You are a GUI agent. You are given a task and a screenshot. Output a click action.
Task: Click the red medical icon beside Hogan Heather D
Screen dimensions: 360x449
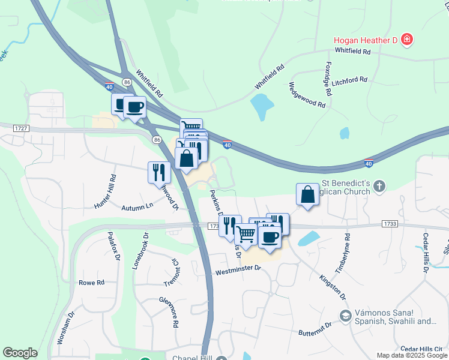pyautogui.click(x=407, y=40)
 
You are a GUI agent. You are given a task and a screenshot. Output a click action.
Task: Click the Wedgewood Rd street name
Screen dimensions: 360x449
pyautogui.click(x=307, y=95)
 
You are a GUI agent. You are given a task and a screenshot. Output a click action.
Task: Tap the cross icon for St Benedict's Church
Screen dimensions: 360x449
pyautogui.click(x=379, y=187)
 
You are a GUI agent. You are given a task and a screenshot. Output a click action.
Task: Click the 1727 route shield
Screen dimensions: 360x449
pyautogui.click(x=21, y=128)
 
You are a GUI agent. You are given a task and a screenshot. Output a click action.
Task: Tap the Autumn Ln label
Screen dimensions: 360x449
pyautogui.click(x=137, y=207)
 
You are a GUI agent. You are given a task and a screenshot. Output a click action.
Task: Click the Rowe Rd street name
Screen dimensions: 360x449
pyautogui.click(x=91, y=283)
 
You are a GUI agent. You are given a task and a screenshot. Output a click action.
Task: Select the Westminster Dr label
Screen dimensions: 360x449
pyautogui.click(x=238, y=272)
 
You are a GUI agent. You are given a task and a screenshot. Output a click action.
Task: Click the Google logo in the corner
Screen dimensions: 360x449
pyautogui.click(x=19, y=353)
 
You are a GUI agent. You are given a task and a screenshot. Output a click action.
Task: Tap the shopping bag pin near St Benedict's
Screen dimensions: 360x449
pyautogui.click(x=307, y=195)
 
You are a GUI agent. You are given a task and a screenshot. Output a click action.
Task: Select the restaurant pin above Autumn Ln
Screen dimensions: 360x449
pyautogui.click(x=159, y=172)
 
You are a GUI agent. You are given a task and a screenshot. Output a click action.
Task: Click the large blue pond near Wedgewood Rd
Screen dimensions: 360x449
pyautogui.click(x=262, y=107)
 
